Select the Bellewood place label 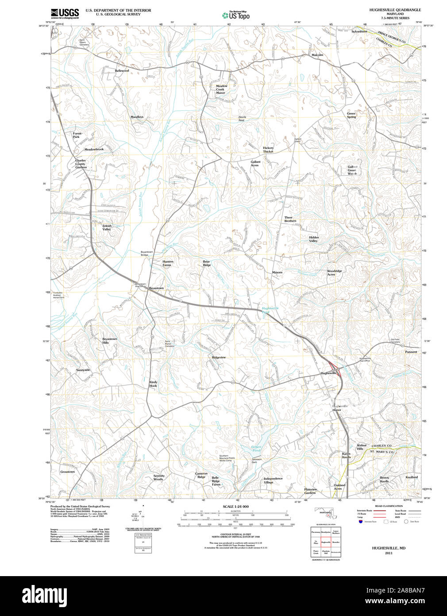click(x=122, y=70)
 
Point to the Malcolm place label click(x=317, y=55)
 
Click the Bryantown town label click(x=156, y=288)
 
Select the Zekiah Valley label click(x=107, y=227)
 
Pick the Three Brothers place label click(x=290, y=219)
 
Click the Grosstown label click(x=68, y=472)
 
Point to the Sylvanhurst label click(x=359, y=32)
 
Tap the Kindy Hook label click(x=153, y=384)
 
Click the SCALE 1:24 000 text click(x=236, y=507)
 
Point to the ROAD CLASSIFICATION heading click(x=389, y=506)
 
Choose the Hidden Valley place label click(x=314, y=239)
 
